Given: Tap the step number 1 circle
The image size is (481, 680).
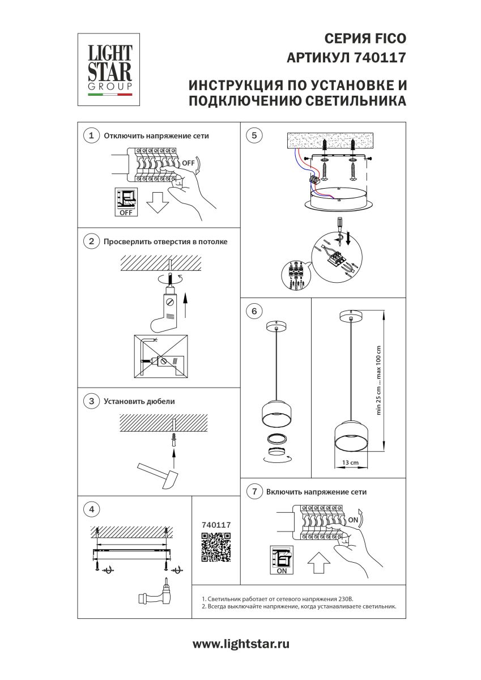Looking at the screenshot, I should [x=91, y=136].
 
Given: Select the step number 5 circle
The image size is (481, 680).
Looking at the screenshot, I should [x=254, y=135].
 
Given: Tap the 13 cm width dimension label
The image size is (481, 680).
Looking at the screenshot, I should [x=351, y=463].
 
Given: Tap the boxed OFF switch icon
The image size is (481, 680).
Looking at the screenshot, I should [x=126, y=202].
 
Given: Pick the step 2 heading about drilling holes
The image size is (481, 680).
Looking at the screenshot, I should [x=165, y=242].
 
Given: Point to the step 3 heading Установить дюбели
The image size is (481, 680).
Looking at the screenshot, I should [x=139, y=401].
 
